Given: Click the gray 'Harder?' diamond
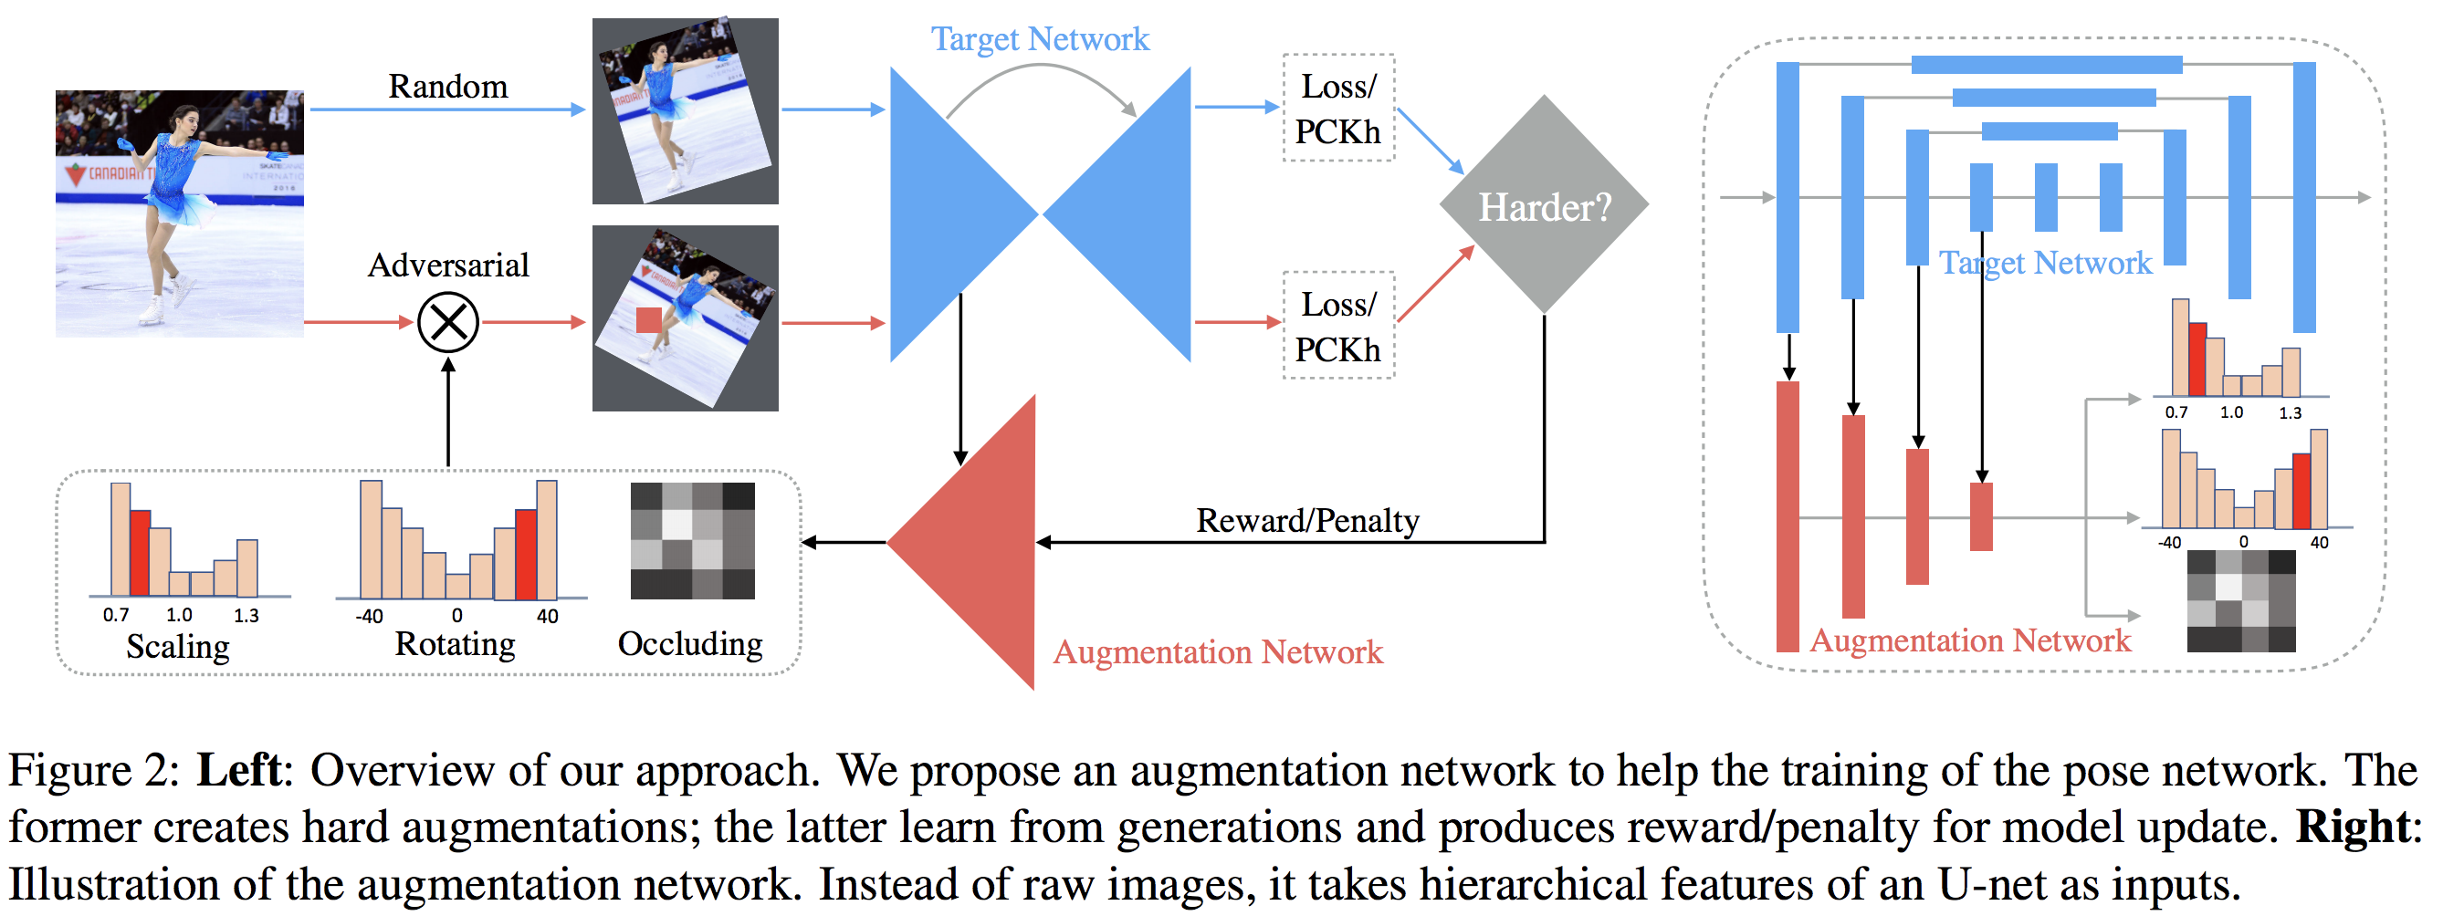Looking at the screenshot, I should (1544, 204).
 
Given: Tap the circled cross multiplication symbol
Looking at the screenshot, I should (447, 322).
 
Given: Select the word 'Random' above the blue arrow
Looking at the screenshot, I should (447, 87).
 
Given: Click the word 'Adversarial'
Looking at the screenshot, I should (447, 265).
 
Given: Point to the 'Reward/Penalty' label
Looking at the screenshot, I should (1306, 520).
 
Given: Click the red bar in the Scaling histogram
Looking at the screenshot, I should (140, 552).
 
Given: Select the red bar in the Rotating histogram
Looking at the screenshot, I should (526, 554).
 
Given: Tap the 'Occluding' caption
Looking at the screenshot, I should (689, 643).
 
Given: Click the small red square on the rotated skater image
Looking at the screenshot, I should (649, 319).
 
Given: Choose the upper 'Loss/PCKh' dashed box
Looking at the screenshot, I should (1338, 108).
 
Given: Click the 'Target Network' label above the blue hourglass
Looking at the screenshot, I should (1040, 39).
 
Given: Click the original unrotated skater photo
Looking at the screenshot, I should (179, 213).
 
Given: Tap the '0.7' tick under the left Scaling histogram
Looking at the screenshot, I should (116, 614).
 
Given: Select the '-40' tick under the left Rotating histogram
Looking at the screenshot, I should (369, 616).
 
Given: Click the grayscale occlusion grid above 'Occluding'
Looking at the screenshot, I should (692, 540).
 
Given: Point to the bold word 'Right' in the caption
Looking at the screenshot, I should (2352, 827).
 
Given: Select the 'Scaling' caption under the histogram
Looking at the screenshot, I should (177, 646).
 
